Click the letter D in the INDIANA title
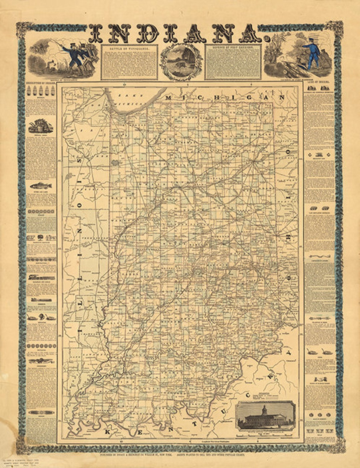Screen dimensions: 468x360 coord(148,34)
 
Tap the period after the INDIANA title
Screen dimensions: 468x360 coord(266,40)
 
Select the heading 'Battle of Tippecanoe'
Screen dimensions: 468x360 coord(129,48)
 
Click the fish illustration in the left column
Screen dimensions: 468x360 coord(41,186)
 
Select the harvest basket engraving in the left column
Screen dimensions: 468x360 coord(41,127)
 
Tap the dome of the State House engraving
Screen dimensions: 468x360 coord(264,408)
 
